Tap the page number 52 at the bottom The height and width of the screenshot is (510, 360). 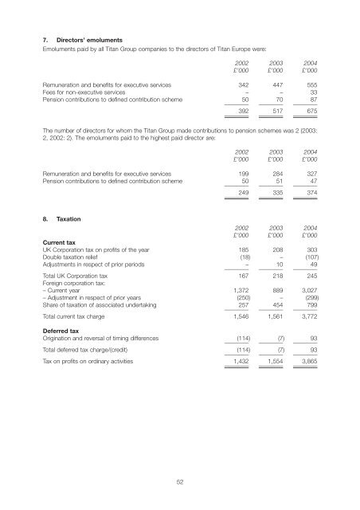180,480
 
